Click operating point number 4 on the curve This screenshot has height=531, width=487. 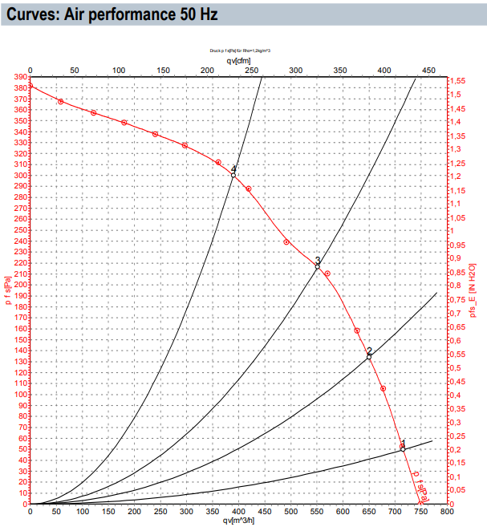(233, 174)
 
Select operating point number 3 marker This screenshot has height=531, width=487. (317, 265)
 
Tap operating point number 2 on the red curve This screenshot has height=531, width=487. (369, 356)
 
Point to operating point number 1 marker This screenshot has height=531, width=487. (403, 448)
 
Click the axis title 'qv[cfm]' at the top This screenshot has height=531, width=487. (238, 59)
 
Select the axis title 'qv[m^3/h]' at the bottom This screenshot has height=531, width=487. (238, 521)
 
